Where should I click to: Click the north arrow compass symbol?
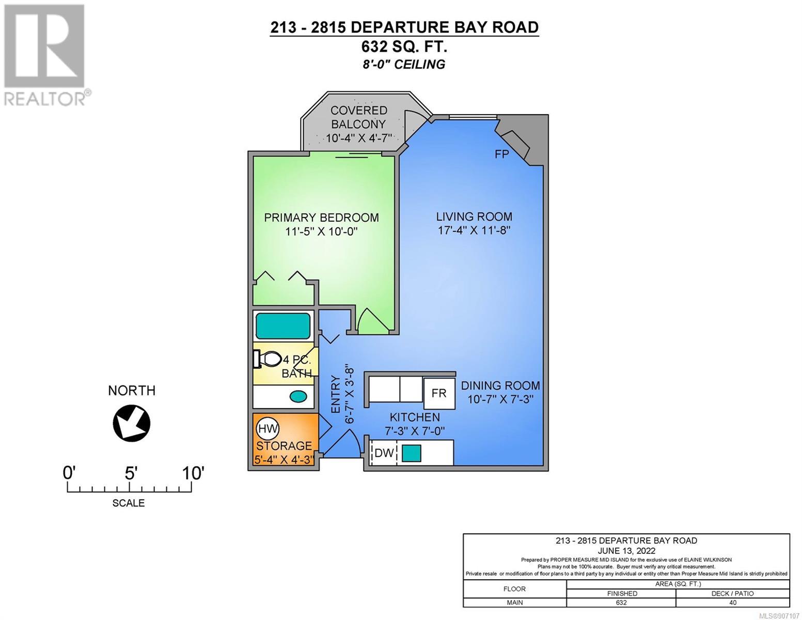click(131, 423)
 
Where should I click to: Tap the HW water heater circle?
click(268, 428)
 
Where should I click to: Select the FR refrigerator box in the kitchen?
click(439, 393)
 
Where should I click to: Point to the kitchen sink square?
click(412, 453)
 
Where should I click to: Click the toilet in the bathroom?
click(269, 358)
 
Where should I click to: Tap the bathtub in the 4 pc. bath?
click(283, 326)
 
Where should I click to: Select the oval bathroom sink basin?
click(298, 397)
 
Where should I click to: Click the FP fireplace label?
click(501, 154)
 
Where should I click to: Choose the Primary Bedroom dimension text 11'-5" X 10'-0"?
click(321, 231)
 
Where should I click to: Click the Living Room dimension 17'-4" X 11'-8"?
click(474, 230)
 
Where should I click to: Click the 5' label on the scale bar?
click(130, 473)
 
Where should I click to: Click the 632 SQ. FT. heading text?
click(404, 47)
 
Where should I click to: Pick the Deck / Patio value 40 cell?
click(733, 602)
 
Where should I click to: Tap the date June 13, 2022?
click(626, 551)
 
